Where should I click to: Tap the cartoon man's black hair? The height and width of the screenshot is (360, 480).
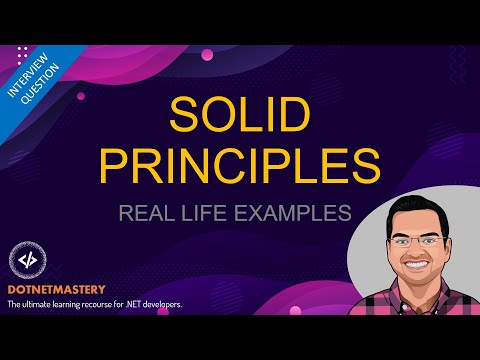[x=407, y=200]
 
